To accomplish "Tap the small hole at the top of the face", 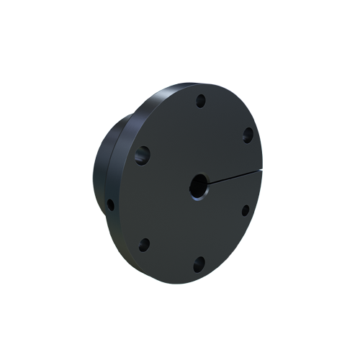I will pos(202,100).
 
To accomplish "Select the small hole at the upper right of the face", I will pos(247,134).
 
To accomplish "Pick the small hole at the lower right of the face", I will pos(245,210).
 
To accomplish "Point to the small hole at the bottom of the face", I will pos(199,264).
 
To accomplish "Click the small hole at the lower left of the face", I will pos(144,244).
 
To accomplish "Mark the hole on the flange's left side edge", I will pos(110,204).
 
